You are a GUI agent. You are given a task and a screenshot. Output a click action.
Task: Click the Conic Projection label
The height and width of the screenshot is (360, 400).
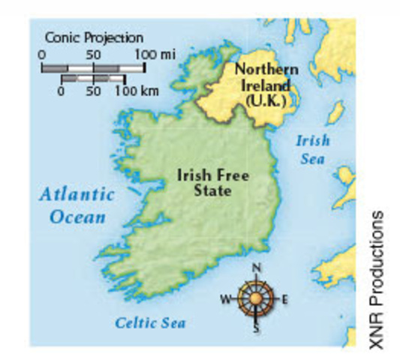point(94,37)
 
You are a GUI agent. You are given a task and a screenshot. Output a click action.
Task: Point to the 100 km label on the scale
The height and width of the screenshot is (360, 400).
point(136,91)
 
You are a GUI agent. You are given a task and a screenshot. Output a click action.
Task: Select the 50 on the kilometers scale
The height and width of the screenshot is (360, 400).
point(93,91)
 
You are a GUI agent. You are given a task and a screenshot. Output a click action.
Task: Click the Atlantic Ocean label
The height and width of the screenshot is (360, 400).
point(77,205)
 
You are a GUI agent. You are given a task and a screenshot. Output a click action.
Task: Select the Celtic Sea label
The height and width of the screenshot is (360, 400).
point(150,322)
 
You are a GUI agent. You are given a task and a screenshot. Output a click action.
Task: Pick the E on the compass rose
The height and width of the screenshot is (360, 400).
point(284,300)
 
